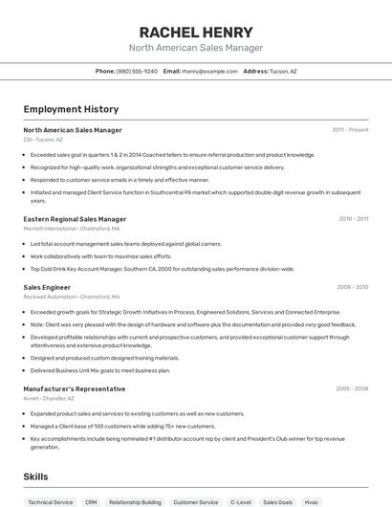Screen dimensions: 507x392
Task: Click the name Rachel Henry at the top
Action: [196, 32]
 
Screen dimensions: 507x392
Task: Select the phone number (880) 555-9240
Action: [137, 71]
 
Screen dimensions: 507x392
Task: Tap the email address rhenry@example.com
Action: [208, 71]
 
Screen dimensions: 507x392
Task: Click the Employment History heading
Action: [63, 109]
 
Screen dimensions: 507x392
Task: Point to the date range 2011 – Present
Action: [350, 129]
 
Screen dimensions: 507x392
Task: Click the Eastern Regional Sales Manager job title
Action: [75, 219]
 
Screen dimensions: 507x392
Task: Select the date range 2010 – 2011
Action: [353, 219]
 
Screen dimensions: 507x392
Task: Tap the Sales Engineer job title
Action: [47, 287]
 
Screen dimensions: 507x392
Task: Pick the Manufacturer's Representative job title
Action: [75, 388]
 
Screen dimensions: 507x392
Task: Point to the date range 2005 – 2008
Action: [352, 388]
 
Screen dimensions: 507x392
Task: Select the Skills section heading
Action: [36, 475]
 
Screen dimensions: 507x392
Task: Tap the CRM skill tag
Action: [91, 501]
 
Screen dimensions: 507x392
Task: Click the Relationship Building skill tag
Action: [135, 501]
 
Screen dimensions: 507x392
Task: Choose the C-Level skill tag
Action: [240, 501]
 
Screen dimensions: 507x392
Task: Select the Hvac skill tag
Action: [311, 501]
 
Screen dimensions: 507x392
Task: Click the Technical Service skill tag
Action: [51, 501]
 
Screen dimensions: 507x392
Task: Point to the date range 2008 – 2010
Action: [352, 287]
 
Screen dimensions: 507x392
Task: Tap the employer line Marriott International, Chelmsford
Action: [72, 229]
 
